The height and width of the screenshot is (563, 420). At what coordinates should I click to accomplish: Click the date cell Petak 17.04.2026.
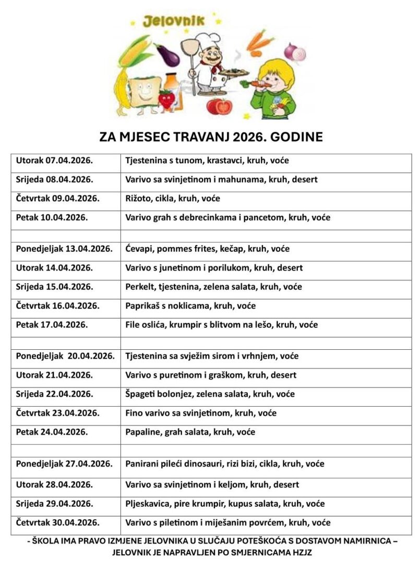click(52, 325)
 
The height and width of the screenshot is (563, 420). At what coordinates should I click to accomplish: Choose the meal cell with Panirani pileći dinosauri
click(225, 463)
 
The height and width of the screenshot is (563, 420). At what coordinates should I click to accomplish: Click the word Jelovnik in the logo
click(174, 21)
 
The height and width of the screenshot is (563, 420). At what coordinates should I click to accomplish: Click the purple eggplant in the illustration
click(168, 55)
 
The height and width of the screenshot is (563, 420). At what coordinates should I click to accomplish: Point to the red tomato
click(218, 106)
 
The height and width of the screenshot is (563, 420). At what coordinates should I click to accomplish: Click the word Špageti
click(141, 394)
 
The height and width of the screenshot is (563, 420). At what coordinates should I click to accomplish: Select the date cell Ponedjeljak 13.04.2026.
click(64, 249)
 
